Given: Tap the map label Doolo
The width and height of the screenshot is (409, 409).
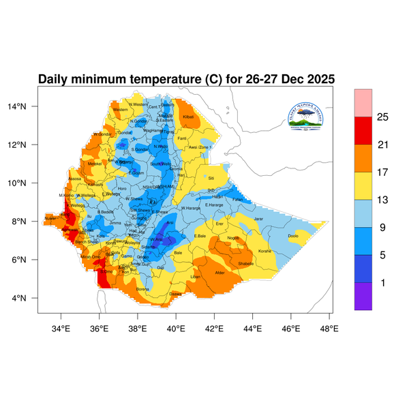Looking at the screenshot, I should tap(293, 236).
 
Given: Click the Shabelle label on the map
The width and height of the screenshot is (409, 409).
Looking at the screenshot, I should tap(246, 263).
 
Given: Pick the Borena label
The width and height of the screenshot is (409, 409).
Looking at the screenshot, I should tap(142, 289).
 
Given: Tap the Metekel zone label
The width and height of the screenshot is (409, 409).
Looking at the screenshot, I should tap(95, 164).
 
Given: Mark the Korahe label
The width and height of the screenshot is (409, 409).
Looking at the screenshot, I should tap(264, 251).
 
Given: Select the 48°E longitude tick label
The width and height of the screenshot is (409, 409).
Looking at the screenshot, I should tap(329, 328).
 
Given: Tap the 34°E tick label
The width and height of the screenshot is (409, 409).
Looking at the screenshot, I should tap(61, 328).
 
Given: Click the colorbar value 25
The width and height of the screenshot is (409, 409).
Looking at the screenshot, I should tap(382, 117).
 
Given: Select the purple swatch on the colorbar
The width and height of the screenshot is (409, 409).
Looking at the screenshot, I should tap(363, 297).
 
